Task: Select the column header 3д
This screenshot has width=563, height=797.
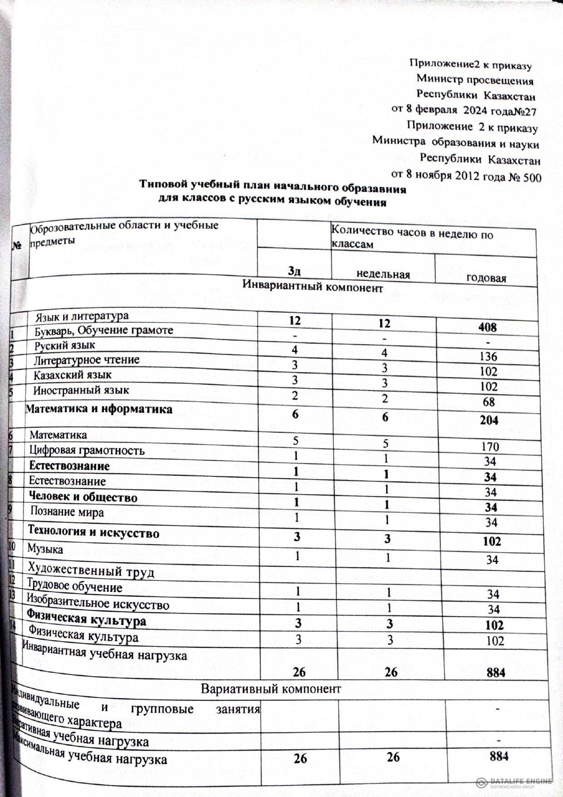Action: tap(295, 272)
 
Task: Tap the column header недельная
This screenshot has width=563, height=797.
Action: tap(383, 274)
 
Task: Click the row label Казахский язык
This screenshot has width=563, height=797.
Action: tap(72, 375)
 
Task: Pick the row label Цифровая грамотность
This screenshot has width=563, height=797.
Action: tap(87, 450)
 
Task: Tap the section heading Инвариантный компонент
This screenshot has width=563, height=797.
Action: tap(313, 287)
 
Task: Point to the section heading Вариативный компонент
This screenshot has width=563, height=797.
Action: tap(271, 688)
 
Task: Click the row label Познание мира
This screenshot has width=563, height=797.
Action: tap(67, 512)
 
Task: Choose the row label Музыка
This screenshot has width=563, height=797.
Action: tap(45, 549)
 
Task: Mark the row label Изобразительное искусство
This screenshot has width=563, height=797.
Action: tap(98, 604)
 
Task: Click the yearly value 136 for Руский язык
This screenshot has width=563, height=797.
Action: tap(488, 356)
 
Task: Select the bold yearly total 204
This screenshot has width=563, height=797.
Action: tap(488, 420)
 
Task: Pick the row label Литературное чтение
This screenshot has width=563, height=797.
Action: tap(86, 360)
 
